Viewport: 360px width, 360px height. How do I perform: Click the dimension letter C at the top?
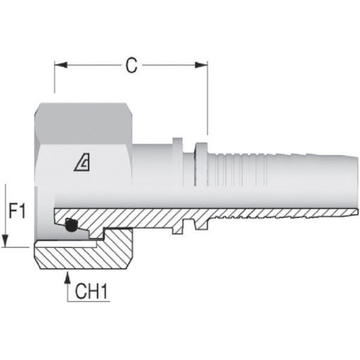(131, 65)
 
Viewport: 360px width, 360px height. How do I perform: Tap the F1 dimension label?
(18, 210)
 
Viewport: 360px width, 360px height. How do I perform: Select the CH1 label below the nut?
(92, 292)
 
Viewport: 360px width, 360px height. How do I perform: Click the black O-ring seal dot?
(71, 225)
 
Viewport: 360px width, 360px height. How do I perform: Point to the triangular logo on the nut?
(82, 163)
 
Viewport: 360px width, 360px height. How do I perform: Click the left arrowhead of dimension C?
(61, 65)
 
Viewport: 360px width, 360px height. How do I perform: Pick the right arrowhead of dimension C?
(201, 65)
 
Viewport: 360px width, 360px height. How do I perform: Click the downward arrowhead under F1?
(5, 241)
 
